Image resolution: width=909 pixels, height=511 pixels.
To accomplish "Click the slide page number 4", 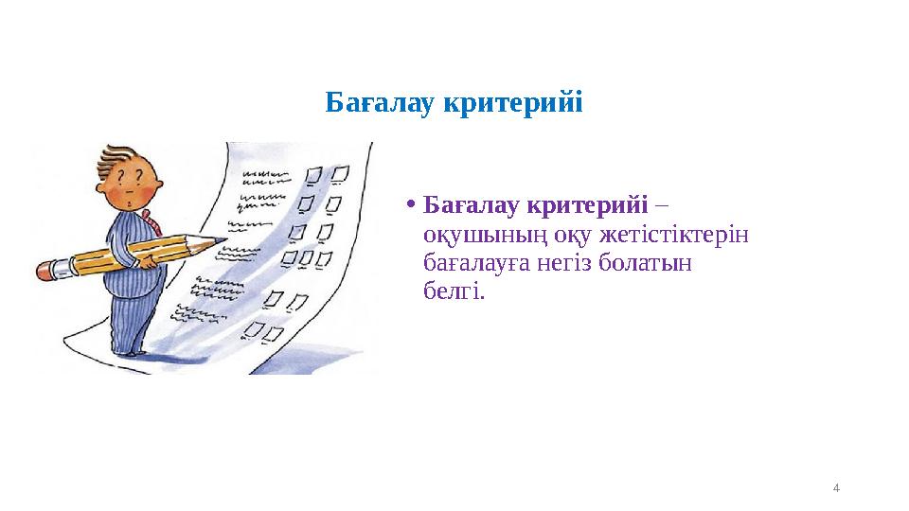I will click(x=836, y=488).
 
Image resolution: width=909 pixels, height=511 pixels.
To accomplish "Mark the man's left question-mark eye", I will click(x=124, y=177).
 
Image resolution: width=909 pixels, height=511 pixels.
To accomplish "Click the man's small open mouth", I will click(x=129, y=203).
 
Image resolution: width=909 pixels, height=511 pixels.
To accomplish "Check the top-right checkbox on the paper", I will click(x=339, y=172).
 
